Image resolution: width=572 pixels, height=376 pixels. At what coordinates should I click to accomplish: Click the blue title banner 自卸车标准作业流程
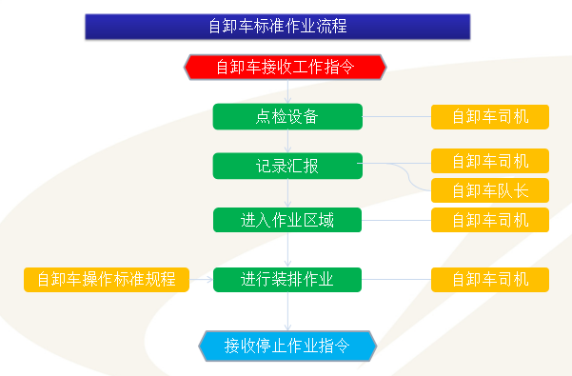click(x=277, y=27)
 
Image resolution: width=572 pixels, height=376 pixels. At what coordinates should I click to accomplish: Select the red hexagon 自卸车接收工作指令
click(x=286, y=67)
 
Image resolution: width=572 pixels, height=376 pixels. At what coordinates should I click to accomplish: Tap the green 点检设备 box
click(x=287, y=117)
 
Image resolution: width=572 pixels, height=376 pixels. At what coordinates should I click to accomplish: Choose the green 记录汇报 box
click(x=287, y=166)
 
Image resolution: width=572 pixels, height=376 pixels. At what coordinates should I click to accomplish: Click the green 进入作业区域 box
click(x=287, y=220)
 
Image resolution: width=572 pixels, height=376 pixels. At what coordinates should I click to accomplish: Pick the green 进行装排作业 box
click(x=287, y=280)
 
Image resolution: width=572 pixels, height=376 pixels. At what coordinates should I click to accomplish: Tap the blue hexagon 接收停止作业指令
click(x=287, y=344)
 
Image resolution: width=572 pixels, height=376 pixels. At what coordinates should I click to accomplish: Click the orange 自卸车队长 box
click(x=490, y=189)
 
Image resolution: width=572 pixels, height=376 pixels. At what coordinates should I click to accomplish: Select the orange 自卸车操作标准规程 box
click(x=107, y=280)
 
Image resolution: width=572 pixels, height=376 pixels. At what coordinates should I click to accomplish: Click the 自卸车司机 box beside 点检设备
click(x=490, y=117)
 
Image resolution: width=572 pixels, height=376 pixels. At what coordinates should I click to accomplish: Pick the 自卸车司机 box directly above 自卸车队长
click(x=490, y=161)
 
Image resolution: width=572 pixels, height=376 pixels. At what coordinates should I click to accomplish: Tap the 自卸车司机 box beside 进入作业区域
click(x=490, y=220)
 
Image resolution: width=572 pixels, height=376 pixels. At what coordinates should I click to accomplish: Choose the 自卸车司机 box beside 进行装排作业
click(x=490, y=280)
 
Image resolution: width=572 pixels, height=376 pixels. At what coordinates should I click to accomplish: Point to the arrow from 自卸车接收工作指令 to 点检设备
click(x=287, y=91)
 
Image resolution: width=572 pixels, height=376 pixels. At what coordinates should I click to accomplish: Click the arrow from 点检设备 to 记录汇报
click(x=287, y=141)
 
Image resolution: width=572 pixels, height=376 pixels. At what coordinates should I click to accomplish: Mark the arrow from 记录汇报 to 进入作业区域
click(x=287, y=193)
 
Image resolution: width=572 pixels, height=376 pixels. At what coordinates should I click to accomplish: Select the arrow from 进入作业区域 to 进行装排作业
click(x=287, y=249)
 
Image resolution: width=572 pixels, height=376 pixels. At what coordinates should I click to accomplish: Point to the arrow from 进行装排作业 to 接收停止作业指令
click(x=287, y=311)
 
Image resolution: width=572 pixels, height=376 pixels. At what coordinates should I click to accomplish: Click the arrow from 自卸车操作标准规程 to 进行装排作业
click(x=201, y=280)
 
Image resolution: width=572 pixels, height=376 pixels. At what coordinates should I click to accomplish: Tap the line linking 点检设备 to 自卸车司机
click(x=397, y=117)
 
